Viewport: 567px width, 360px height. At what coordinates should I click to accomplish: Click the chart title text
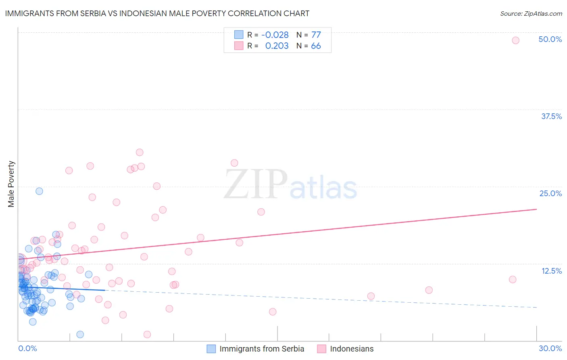coord(157,13)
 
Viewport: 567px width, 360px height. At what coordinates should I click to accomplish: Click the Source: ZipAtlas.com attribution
coord(531,14)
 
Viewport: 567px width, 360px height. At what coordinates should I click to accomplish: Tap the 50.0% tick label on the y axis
coord(550,39)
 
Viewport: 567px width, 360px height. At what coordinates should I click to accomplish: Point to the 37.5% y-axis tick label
coord(551,116)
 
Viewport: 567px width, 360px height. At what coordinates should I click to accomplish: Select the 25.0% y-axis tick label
coord(550,193)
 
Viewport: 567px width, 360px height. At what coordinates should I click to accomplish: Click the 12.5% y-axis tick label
coord(551,271)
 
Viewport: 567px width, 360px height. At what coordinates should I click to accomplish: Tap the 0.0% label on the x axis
coord(27,348)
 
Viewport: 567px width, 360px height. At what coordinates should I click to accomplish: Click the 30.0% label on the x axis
coord(550,348)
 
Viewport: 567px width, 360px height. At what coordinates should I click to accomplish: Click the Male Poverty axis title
coord(11,184)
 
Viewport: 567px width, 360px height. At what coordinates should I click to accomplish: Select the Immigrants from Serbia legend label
coord(262,349)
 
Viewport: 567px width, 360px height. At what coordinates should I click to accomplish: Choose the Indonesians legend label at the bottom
coord(352,349)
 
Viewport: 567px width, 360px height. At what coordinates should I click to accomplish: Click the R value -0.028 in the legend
coord(275,35)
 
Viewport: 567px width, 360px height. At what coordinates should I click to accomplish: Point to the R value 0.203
coord(277,46)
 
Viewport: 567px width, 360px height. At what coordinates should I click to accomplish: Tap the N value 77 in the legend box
coord(316,35)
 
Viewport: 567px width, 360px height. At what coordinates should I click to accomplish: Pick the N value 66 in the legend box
coord(316,46)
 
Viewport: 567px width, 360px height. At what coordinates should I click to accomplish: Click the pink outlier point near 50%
coord(515,40)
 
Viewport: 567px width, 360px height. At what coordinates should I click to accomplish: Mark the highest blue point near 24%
coord(39,191)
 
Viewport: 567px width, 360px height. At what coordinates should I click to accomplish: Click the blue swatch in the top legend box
coord(239,35)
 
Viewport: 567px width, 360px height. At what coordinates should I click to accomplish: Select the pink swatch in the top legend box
coord(239,46)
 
